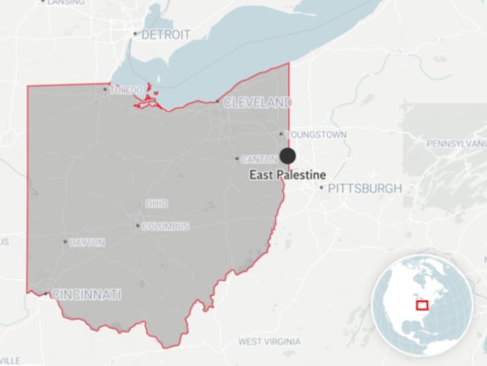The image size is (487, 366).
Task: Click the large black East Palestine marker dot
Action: click(x=287, y=156)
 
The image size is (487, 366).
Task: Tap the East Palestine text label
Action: click(x=287, y=175)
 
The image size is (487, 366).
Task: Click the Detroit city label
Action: click(x=166, y=35)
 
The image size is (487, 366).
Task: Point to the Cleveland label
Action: click(x=258, y=103)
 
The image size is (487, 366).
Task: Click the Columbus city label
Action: click(x=166, y=227)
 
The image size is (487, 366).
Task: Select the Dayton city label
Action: click(x=87, y=242)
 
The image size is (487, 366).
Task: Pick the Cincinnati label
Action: click(x=86, y=295)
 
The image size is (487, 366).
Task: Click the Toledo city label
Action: click(x=126, y=89)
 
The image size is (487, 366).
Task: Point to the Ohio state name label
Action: click(x=156, y=203)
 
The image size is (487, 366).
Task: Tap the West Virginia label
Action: click(x=270, y=341)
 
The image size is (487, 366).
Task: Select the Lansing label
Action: click(x=65, y=2)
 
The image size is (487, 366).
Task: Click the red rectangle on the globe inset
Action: click(x=421, y=305)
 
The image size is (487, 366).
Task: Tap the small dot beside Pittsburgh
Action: click(x=321, y=188)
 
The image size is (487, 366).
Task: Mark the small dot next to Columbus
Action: click(x=137, y=226)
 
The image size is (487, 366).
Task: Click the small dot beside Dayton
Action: click(x=65, y=241)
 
